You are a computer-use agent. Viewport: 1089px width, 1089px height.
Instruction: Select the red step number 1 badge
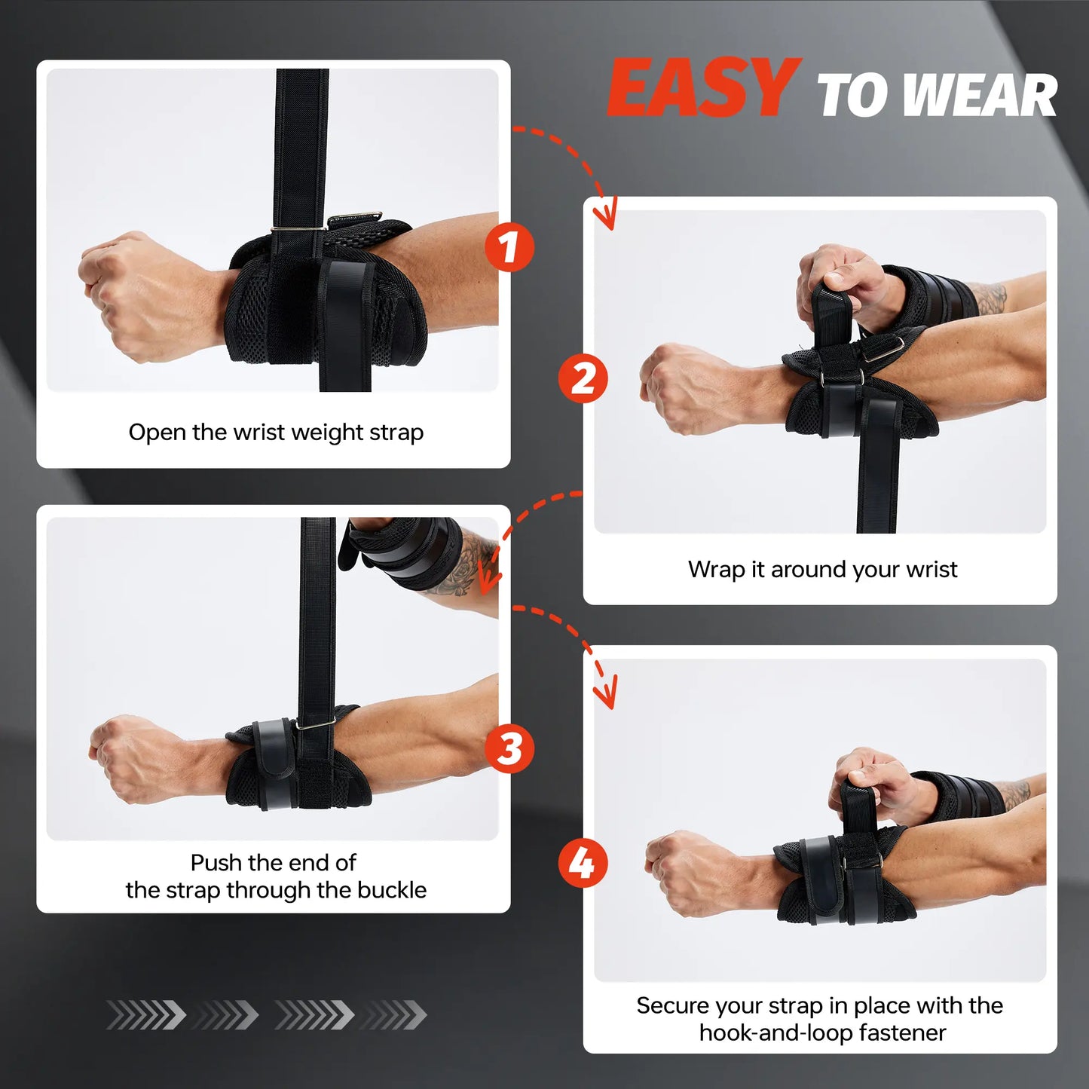coord(509,247)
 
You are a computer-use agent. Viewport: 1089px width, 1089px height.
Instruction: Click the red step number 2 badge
coord(583,378)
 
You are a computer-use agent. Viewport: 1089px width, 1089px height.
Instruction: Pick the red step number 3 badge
coord(509,748)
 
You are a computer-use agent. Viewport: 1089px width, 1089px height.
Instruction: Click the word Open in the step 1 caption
coord(157,433)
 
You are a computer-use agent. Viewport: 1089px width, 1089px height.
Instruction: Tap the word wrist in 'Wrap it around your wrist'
coord(931,570)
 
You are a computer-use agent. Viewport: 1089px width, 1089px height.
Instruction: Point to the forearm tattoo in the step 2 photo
coord(991,299)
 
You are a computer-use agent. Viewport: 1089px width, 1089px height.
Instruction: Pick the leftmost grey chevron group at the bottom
coord(146,1015)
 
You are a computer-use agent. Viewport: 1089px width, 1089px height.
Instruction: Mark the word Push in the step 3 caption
coord(216,863)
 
